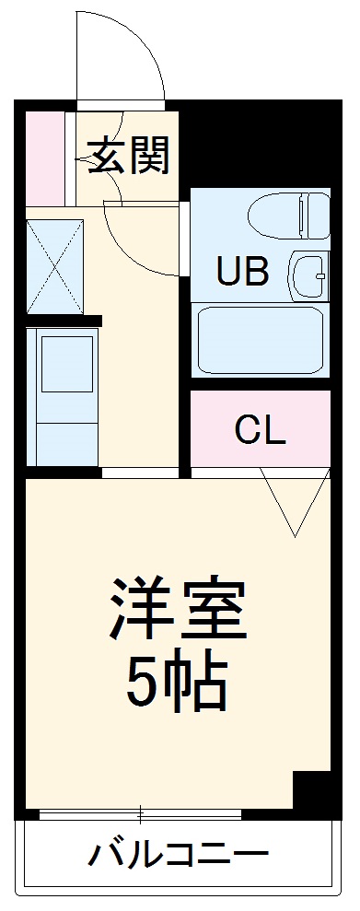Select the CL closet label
pyautogui.click(x=260, y=429)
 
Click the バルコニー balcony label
pyautogui.click(x=178, y=855)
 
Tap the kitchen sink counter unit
pyautogui.click(x=63, y=396)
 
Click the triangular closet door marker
pyautogui.click(x=295, y=502)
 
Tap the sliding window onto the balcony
pyautogui.click(x=140, y=814)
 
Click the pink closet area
pyautogui.click(x=260, y=451)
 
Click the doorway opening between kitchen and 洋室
pyautogui.click(x=139, y=473)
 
